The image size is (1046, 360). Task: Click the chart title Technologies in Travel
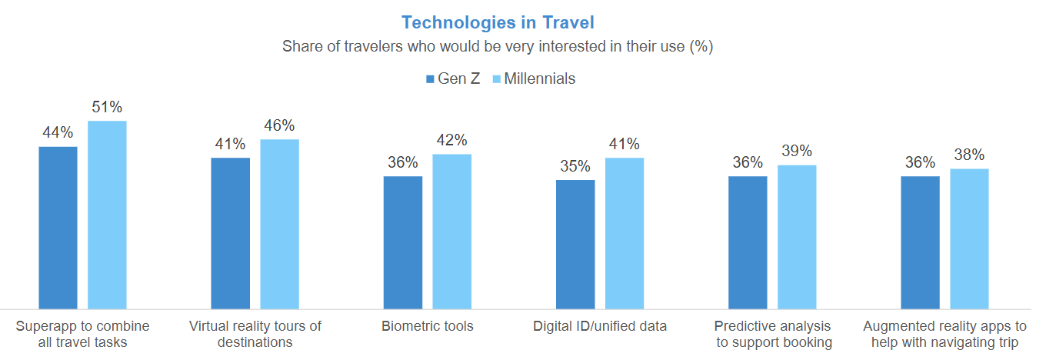(x=498, y=22)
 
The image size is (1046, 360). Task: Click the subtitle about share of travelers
(x=498, y=46)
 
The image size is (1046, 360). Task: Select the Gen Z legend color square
(x=430, y=78)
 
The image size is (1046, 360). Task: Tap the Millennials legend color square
(x=496, y=78)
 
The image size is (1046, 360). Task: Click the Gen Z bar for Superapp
(x=58, y=228)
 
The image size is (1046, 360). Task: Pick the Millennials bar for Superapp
(x=107, y=215)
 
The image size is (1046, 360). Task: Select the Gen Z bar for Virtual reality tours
(x=230, y=233)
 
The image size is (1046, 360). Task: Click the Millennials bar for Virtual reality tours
(x=279, y=224)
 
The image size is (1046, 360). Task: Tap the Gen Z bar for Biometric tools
(x=403, y=242)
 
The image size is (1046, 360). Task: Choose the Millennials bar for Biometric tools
(x=451, y=232)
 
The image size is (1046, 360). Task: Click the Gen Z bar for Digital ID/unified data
(x=575, y=245)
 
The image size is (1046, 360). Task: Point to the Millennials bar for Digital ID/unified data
(x=624, y=233)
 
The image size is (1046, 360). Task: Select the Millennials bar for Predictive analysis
(x=797, y=237)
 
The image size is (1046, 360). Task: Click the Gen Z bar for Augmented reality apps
(x=920, y=242)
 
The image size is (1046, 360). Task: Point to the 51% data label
(x=107, y=107)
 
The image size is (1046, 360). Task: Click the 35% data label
(x=575, y=166)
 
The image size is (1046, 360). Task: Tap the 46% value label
(x=279, y=125)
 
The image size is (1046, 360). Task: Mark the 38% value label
(x=969, y=155)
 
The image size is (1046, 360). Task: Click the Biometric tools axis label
(x=428, y=326)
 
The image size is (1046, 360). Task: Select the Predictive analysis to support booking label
(x=773, y=334)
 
